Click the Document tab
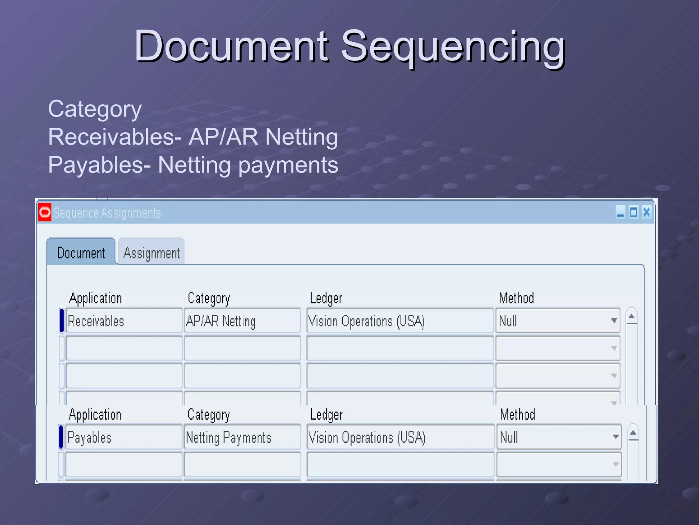pos(81,253)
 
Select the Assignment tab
pos(152,253)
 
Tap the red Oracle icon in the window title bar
pos(45,212)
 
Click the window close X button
pos(646,212)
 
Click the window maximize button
pos(633,212)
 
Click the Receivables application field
pos(124,321)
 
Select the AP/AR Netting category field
pos(242,321)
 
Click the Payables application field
pos(123,437)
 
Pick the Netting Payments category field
pos(242,437)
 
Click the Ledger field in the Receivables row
pos(400,321)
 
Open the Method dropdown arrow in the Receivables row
pos(614,321)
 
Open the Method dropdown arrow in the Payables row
pos(615,437)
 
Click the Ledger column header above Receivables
pos(326,298)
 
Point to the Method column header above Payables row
pos(517,415)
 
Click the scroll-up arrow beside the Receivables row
pos(631,317)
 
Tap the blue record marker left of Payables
pos(61,437)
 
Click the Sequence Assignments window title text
pos(107,213)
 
